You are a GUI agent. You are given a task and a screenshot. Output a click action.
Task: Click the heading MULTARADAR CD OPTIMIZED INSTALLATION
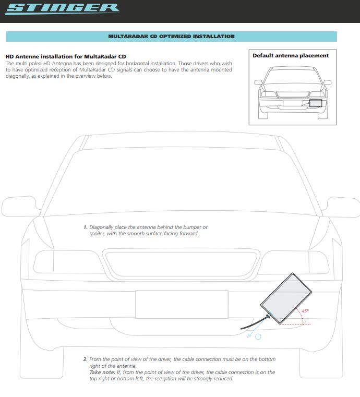pyautogui.click(x=171, y=37)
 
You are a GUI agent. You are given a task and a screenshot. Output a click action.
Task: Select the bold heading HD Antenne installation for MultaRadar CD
pyautogui.click(x=65, y=56)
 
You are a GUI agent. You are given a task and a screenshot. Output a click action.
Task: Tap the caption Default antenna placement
pyautogui.click(x=291, y=55)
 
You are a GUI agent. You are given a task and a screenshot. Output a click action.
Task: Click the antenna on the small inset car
pyautogui.click(x=316, y=102)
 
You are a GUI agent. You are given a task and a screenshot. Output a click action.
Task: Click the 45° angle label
pyautogui.click(x=305, y=311)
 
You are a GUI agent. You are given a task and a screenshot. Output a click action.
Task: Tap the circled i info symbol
pyautogui.click(x=258, y=337)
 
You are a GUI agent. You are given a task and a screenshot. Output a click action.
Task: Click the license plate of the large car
pyautogui.click(x=181, y=304)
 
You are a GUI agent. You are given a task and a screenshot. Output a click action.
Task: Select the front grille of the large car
pyautogui.click(x=180, y=265)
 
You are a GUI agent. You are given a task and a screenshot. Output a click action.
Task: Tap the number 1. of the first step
pyautogui.click(x=85, y=228)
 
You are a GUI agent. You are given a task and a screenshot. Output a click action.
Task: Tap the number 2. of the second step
pyautogui.click(x=85, y=359)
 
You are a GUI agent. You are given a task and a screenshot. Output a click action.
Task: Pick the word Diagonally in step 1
pyautogui.click(x=104, y=228)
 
